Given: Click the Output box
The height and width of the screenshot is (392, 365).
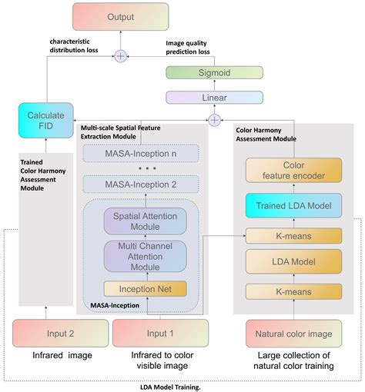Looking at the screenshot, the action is pos(121,17).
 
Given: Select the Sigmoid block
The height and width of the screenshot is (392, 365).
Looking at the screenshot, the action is pos(214,72).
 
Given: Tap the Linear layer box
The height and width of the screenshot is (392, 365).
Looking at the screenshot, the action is pos(214,98).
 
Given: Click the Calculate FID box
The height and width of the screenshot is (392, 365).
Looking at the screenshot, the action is pos(46,121).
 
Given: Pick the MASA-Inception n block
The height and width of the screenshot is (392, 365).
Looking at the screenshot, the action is pos(141,154).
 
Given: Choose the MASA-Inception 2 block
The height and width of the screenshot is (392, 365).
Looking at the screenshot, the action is pos(141,184).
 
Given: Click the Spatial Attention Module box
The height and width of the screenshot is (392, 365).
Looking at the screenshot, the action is pos(146,221).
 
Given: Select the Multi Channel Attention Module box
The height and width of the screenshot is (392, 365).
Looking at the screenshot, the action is pos(146,256).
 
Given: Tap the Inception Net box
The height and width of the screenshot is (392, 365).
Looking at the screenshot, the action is pos(146,289).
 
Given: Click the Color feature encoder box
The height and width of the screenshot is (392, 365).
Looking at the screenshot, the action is pos(293,170).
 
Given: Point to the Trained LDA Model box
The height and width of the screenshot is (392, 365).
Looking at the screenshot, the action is pos(293,205).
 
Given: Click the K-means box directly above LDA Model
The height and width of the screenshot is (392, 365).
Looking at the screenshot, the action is pos(293,236).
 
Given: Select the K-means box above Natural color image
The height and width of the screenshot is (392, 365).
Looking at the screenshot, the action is pos(293,291).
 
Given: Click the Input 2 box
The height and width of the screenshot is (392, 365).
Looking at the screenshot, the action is pos(61,334).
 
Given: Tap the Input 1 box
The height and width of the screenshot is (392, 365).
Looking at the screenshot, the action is pos(160,334).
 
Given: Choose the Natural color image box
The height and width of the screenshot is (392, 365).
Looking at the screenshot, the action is pos(293,334).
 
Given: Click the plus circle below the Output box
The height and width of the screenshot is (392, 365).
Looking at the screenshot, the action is pos(121,56).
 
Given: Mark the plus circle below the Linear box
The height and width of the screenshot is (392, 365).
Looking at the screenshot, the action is pos(214,120).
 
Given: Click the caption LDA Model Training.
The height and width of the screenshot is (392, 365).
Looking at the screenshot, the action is pos(170,387).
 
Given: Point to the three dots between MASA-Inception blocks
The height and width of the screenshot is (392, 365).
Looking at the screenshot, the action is pos(147,168).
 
